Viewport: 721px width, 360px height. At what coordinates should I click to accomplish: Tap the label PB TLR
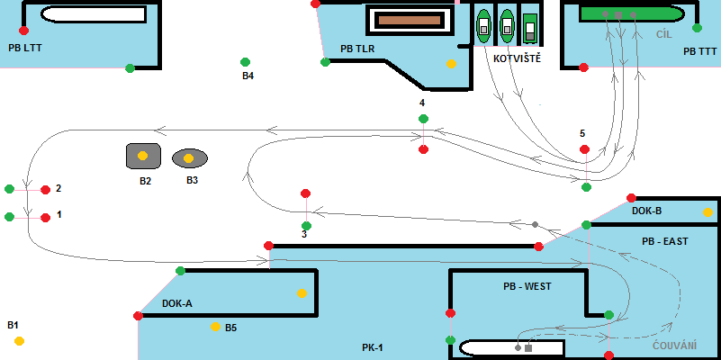(357, 49)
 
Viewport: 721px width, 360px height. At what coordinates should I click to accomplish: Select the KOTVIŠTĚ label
(518, 58)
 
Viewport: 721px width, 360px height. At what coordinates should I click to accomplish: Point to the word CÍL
(664, 33)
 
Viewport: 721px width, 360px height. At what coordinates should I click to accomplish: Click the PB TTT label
(700, 51)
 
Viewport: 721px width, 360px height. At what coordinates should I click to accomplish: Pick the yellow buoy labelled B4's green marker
(245, 62)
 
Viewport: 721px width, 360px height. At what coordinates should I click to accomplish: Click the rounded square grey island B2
(143, 156)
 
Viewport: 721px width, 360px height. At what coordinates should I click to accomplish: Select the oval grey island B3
(189, 158)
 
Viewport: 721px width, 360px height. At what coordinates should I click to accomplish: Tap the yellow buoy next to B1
(19, 340)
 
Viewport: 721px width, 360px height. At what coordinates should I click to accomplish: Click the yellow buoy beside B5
(215, 327)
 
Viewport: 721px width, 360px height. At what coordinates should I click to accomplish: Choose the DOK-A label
(177, 303)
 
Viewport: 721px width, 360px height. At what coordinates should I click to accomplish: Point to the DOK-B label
(646, 211)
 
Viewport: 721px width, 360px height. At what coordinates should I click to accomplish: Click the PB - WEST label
(527, 286)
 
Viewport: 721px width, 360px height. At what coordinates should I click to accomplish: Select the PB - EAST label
(664, 242)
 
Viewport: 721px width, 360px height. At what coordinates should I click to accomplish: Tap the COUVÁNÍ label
(673, 345)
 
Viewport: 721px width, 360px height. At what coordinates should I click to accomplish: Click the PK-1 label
(373, 346)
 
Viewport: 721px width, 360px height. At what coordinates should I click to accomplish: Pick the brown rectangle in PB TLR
(406, 20)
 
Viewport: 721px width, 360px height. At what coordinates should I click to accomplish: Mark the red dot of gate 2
(45, 190)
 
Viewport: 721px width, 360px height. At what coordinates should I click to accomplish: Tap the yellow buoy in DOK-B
(707, 213)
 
